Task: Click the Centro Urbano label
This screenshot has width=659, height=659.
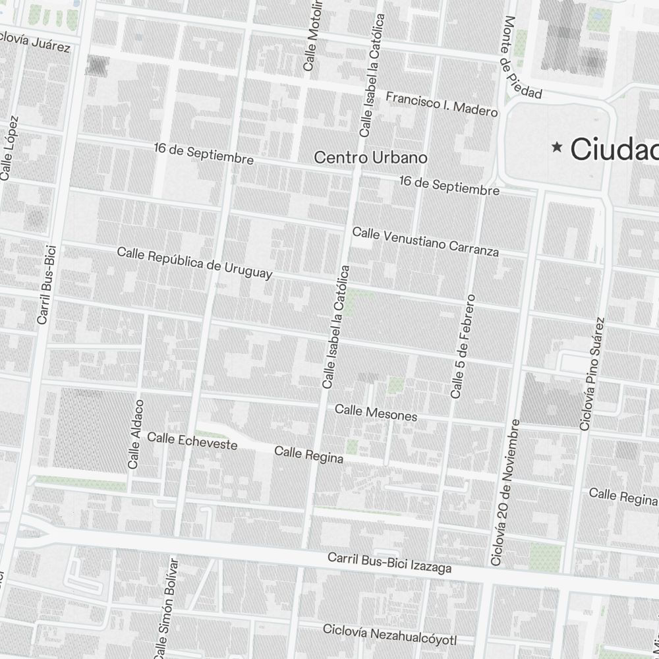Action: click(370, 158)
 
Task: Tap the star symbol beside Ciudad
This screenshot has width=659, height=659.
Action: click(558, 148)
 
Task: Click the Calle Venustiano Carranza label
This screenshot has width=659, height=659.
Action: click(425, 242)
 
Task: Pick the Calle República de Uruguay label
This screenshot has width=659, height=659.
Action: click(194, 263)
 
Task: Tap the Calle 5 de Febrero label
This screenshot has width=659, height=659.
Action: click(463, 347)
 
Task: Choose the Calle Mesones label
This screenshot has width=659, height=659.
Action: click(376, 413)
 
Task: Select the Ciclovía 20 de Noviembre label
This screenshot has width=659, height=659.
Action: click(505, 492)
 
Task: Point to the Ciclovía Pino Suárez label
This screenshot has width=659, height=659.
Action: click(591, 374)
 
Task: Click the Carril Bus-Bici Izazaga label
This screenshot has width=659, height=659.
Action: click(389, 562)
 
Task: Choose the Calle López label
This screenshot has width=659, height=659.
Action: click(10, 148)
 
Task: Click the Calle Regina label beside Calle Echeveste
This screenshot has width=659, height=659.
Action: click(308, 455)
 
